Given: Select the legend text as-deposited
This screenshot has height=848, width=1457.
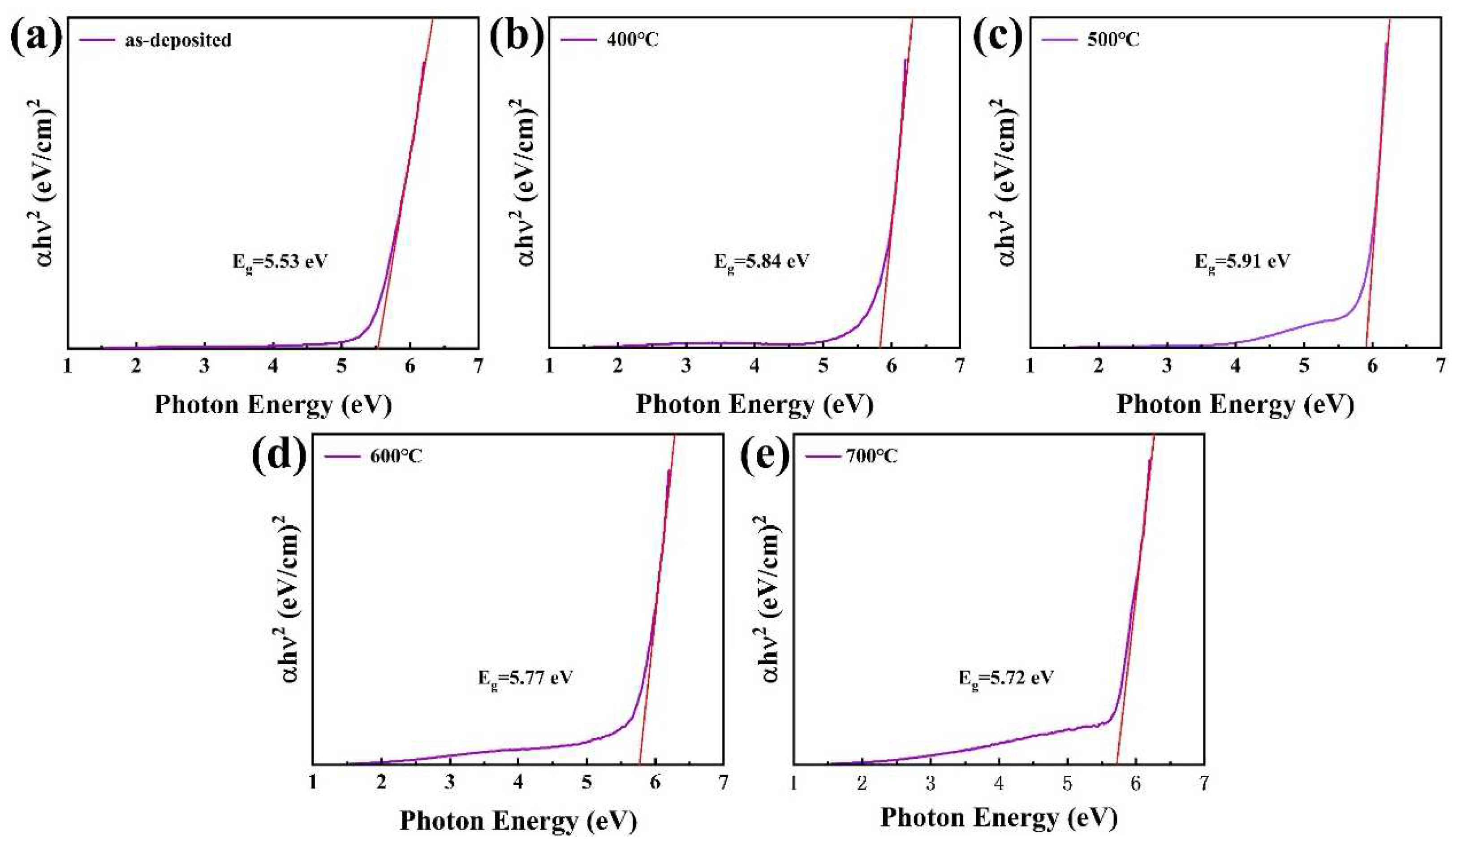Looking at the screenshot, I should (x=178, y=40).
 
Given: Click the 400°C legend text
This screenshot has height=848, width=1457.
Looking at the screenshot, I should (x=633, y=39).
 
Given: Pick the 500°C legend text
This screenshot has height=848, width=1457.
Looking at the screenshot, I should (x=1113, y=39).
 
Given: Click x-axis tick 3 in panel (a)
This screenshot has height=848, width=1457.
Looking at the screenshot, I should (x=204, y=366).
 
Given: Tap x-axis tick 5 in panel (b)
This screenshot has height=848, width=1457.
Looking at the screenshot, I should (x=823, y=366).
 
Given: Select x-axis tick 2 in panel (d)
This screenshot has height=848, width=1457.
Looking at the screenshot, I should (x=381, y=783).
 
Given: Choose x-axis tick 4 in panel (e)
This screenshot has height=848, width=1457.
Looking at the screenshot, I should (x=999, y=783).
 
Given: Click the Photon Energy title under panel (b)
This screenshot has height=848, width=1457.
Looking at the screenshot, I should (x=754, y=404).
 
